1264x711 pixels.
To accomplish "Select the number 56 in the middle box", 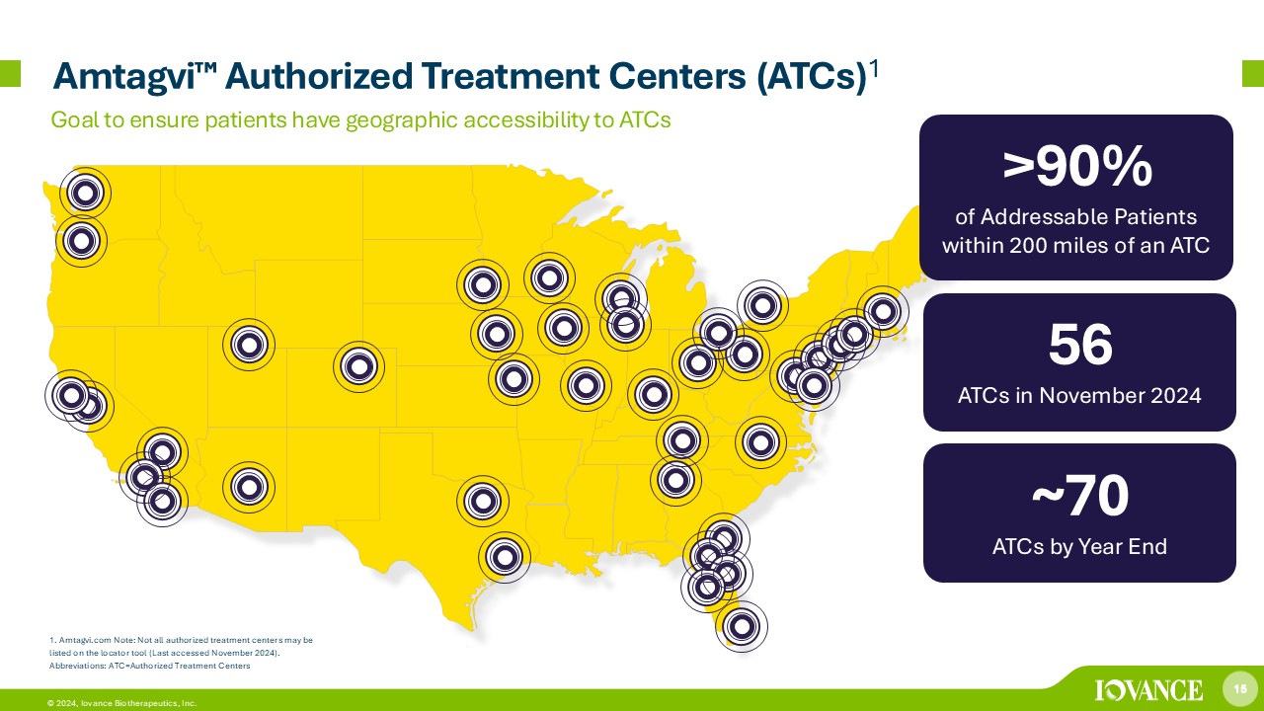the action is coord(1080,345).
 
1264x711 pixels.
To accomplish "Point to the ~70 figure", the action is coord(1080,495).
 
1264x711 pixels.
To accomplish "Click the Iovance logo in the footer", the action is coord(1148,690).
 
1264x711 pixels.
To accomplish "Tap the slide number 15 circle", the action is coord(1239,689).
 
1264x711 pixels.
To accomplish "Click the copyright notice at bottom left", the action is coord(121,703).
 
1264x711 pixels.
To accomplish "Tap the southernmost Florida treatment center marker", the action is coord(742,626).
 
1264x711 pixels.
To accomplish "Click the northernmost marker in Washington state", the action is coord(85,193).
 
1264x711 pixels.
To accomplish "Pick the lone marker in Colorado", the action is coord(358,366).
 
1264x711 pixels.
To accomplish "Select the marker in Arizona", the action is coord(249,487).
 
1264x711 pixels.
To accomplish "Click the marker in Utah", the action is coord(249,345).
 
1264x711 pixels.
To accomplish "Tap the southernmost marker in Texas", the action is coord(505,558).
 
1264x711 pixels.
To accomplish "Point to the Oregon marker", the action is coord(81,241).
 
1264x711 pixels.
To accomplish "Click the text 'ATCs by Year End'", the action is coord(1079,546).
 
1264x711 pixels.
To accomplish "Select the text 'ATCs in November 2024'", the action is coord(1079,395).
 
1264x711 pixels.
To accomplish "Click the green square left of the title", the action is coord(10,73).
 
